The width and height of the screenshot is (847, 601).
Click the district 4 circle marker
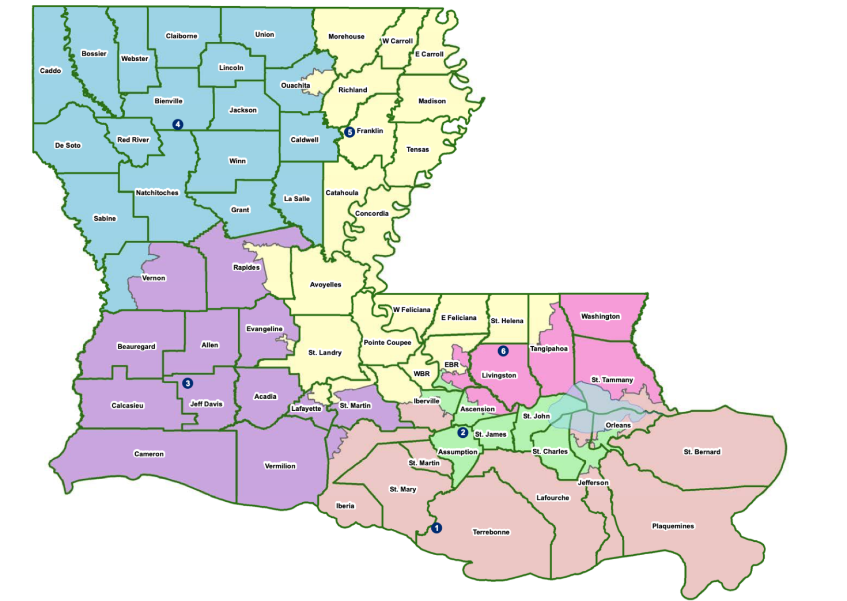click(x=178, y=124)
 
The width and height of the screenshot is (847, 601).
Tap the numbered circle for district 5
click(x=349, y=131)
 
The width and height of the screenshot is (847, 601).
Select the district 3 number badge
click(x=188, y=383)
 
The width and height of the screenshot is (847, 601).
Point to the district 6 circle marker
click(x=503, y=351)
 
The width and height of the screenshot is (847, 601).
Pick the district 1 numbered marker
click(x=436, y=528)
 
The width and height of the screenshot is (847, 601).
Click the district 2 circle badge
click(x=462, y=432)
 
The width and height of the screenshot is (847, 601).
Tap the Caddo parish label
click(x=51, y=71)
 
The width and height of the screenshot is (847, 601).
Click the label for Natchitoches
click(x=157, y=193)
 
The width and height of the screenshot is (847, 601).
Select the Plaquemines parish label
click(x=673, y=526)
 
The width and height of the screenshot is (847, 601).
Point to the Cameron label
click(x=149, y=454)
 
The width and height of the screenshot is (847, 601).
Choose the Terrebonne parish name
click(x=491, y=532)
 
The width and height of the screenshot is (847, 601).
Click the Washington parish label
click(x=600, y=316)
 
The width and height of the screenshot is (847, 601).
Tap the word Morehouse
click(x=346, y=37)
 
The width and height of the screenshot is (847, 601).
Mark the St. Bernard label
click(x=702, y=452)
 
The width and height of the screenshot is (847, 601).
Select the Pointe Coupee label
click(x=387, y=342)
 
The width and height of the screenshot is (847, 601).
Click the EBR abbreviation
click(x=451, y=365)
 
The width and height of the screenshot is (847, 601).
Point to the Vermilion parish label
click(x=280, y=466)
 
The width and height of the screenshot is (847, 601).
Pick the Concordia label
click(x=372, y=213)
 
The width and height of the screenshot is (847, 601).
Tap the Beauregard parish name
click(x=136, y=346)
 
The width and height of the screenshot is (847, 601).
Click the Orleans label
click(x=618, y=425)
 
